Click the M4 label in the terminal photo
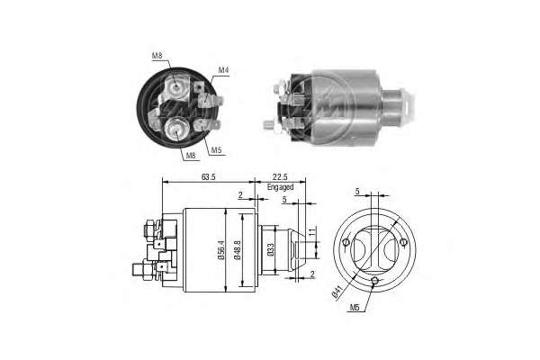click(224, 70)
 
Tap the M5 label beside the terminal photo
click(216, 150)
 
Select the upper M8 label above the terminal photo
click(157, 56)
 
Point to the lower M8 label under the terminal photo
click(191, 156)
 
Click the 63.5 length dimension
click(209, 177)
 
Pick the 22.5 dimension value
click(280, 177)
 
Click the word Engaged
click(280, 187)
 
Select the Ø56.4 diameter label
click(220, 250)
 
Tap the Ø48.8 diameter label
click(238, 250)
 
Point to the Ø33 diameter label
click(271, 250)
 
